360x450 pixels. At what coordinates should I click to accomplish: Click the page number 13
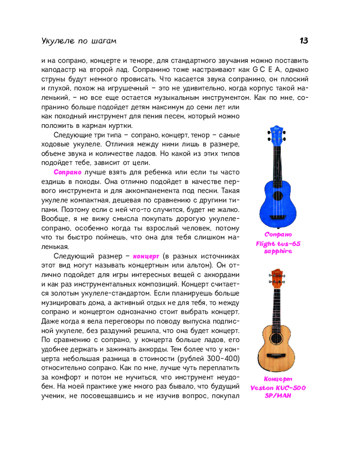[x=304, y=41]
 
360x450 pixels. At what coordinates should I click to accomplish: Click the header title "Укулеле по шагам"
[x=78, y=41]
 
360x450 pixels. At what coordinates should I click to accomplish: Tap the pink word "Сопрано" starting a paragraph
[x=67, y=172]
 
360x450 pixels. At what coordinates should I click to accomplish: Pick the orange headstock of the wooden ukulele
[x=277, y=274]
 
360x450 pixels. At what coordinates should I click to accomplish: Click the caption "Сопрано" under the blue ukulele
[x=278, y=234]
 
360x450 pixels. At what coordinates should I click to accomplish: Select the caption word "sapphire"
[x=278, y=251]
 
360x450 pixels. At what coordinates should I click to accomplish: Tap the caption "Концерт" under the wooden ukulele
[x=278, y=379]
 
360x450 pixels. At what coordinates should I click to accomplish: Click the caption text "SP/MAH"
[x=278, y=396]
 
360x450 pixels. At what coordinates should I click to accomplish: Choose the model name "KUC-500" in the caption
[x=290, y=387]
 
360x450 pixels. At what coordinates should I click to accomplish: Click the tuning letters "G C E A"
[x=267, y=69]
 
